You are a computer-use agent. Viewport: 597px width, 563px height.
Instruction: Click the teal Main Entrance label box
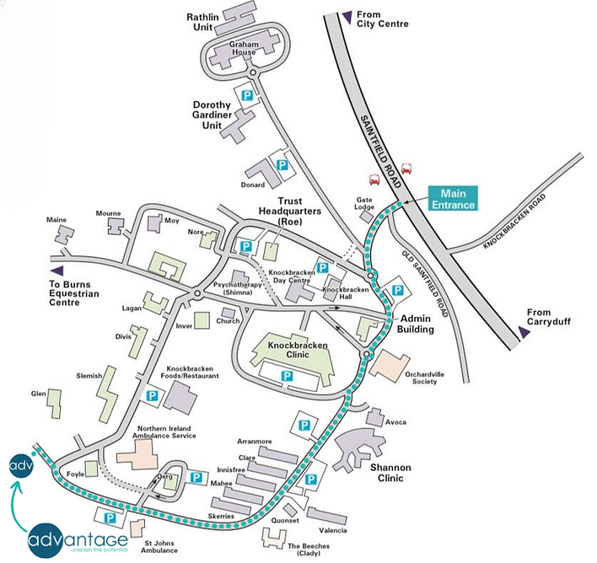click(x=453, y=198)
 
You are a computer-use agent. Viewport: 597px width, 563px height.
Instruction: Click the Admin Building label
click(x=416, y=324)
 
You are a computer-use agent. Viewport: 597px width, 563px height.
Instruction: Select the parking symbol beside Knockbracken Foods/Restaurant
click(x=153, y=395)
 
